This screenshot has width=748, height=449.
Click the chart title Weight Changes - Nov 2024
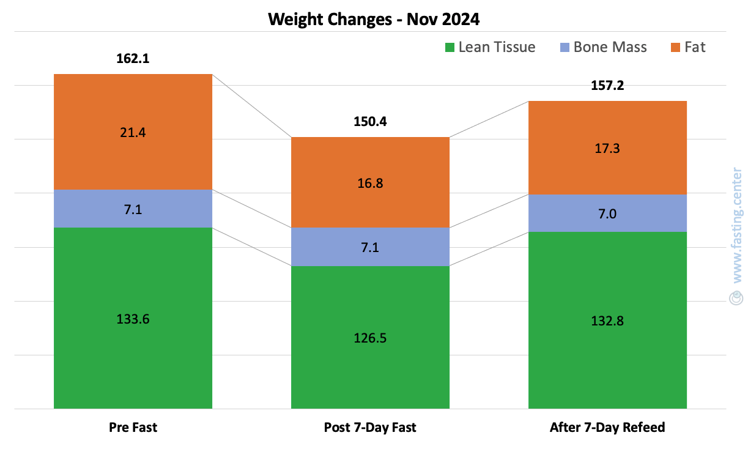(374, 19)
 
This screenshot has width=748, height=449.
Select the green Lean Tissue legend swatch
(450, 47)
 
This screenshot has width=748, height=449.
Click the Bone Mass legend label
(610, 47)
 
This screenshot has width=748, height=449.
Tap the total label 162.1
(133, 59)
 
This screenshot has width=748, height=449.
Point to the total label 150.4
(370, 121)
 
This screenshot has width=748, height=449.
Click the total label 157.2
(607, 86)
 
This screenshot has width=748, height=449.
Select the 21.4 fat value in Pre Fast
(133, 132)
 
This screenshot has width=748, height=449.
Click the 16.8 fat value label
(370, 183)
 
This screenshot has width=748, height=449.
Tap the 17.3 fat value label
(607, 148)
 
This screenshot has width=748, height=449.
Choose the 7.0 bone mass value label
(607, 214)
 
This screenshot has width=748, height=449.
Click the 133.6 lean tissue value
(133, 319)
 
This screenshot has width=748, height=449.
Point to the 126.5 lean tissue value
(370, 338)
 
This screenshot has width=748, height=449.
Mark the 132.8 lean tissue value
(607, 321)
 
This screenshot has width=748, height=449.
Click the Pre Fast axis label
(133, 428)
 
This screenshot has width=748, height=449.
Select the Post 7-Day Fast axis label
(370, 428)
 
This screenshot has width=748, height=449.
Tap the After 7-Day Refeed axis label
(607, 428)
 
